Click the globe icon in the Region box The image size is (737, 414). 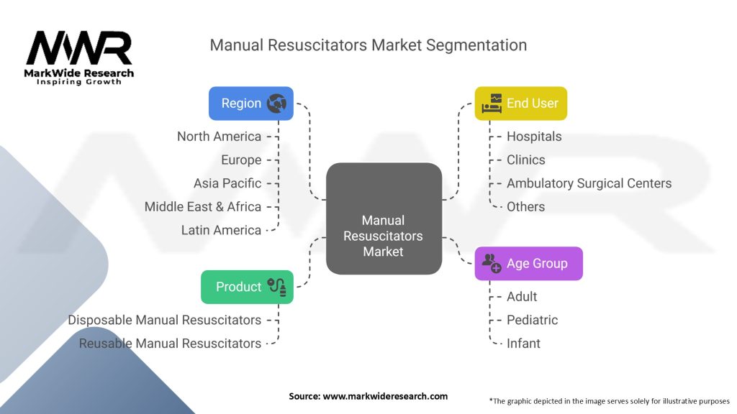[x=276, y=103]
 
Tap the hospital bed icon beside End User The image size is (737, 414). [x=492, y=103]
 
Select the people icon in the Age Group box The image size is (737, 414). [x=492, y=263]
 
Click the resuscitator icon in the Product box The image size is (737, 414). [x=276, y=287]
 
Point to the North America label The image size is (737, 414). [x=219, y=137]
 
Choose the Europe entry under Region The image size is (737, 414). [x=241, y=160]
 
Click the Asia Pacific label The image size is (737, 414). [x=227, y=183]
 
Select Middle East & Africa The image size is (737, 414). [x=202, y=207]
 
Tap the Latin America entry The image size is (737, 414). [x=222, y=231]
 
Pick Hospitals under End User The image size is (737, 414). [x=534, y=137]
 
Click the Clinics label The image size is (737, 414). [x=526, y=160]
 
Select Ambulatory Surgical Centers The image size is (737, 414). [x=589, y=183]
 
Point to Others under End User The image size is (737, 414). [x=526, y=207]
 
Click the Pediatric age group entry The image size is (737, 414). [x=532, y=320]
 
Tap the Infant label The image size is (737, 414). [x=524, y=344]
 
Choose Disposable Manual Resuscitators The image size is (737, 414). [x=165, y=320]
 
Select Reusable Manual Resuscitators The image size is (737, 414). [x=170, y=344]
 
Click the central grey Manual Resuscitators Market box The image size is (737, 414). [x=384, y=218]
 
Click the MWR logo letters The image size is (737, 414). [x=79, y=48]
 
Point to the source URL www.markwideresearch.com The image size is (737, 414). [x=385, y=396]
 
